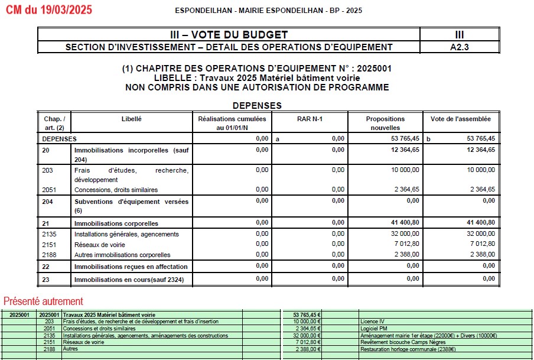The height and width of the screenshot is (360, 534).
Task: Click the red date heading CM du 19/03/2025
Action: coord(49,10)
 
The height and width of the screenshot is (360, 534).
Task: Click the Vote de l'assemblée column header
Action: coord(461,119)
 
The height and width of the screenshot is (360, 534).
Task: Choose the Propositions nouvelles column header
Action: coord(385,123)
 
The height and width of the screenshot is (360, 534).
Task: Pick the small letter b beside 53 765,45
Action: coord(429,139)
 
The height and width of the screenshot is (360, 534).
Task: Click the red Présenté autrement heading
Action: coord(43,301)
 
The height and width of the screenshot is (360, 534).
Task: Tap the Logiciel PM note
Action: coord(374,328)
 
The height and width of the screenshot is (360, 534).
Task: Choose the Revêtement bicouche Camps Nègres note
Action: coord(399,342)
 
